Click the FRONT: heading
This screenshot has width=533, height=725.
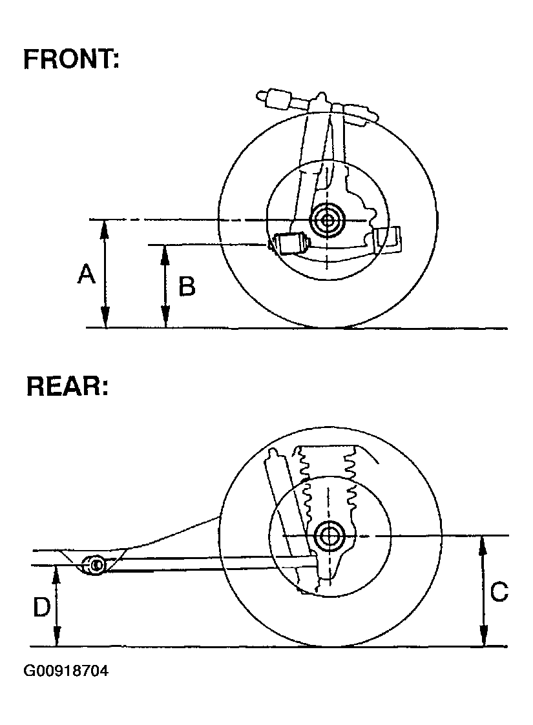click(71, 59)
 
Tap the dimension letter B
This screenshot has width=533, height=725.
click(187, 287)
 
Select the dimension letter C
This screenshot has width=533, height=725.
click(499, 591)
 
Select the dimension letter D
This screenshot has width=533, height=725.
click(41, 608)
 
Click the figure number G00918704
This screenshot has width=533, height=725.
click(66, 671)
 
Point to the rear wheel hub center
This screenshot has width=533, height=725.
click(330, 535)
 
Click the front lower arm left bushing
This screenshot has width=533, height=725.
click(289, 245)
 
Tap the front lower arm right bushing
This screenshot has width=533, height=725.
click(388, 240)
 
